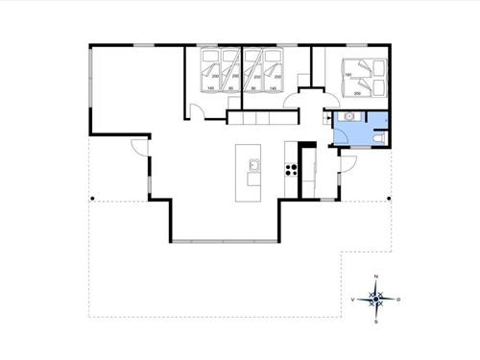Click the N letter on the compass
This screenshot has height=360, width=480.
[x=377, y=276]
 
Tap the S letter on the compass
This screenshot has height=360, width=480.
[x=377, y=322]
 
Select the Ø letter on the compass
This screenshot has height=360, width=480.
[x=399, y=300]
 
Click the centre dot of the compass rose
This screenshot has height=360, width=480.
[x=377, y=300]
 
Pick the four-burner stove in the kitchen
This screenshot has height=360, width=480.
[x=289, y=170]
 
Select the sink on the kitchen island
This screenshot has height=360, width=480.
[x=253, y=165]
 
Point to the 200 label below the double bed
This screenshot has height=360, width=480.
[x=359, y=94]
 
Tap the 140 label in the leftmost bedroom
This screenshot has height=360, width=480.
[x=210, y=88]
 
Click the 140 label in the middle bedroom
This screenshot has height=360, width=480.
[x=275, y=88]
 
